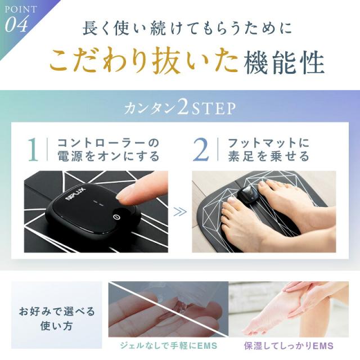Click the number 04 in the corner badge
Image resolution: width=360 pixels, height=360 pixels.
pyautogui.click(x=17, y=24)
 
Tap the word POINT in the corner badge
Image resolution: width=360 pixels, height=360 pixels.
pyautogui.click(x=21, y=10)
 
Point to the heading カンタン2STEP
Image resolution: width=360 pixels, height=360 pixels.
pyautogui.click(x=180, y=109)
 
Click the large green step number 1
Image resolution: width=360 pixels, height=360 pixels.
pyautogui.click(x=34, y=150)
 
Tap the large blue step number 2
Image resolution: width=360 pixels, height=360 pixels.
pyautogui.click(x=201, y=150)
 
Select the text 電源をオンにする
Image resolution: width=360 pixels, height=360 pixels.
pyautogui.click(x=109, y=156)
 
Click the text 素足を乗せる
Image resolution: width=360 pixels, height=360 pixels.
pyautogui.click(x=269, y=156)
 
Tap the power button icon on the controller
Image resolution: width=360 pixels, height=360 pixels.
pyautogui.click(x=116, y=217)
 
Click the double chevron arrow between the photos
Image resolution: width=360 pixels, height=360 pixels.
pyautogui.click(x=180, y=212)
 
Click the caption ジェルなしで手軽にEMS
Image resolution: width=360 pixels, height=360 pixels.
pyautogui.click(x=169, y=345)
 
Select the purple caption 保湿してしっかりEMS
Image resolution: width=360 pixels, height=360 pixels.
pyautogui.click(x=289, y=345)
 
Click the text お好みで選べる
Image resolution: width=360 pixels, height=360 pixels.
pyautogui.click(x=57, y=312)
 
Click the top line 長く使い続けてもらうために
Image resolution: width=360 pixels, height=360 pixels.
pyautogui.click(x=187, y=29)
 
